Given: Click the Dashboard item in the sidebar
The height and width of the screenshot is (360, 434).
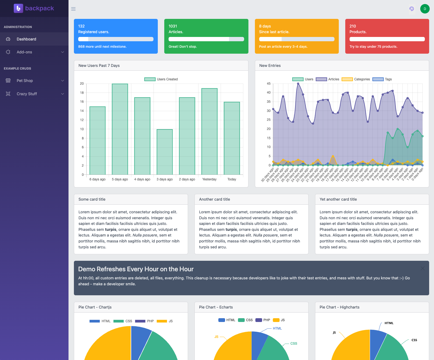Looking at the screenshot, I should [26, 39].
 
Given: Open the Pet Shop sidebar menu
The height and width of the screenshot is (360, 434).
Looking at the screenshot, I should [25, 81].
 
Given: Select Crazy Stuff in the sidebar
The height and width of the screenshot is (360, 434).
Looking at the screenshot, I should [27, 94].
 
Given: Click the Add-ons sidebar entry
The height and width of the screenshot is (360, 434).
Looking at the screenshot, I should [24, 52].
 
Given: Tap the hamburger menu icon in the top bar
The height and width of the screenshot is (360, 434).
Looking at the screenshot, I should [73, 9].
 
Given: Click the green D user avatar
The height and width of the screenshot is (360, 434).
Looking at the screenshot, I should [425, 9].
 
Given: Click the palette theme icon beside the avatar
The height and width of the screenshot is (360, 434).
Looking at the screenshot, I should [411, 9].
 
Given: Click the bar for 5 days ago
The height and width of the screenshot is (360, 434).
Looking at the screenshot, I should [120, 129].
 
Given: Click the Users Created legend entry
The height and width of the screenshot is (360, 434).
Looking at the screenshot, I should [161, 79].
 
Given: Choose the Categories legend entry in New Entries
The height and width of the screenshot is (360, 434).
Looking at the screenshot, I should [356, 79].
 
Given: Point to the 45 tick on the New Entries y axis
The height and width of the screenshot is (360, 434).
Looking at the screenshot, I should [269, 84].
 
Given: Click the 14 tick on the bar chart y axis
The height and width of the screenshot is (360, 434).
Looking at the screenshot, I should [82, 111].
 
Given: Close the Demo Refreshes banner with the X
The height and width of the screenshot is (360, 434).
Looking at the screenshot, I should [422, 268].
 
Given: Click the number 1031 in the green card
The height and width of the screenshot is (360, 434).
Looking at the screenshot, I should [173, 26].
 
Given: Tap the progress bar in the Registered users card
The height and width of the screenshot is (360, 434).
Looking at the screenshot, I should [116, 39].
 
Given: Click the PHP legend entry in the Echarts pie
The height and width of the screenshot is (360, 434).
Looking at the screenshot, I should [263, 320].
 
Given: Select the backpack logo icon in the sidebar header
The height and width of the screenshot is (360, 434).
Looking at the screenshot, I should [18, 8].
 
